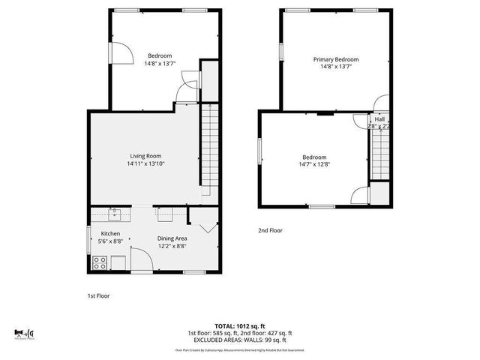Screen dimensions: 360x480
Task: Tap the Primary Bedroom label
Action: pyautogui.click(x=335, y=59)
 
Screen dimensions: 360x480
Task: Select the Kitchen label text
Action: pyautogui.click(x=110, y=234)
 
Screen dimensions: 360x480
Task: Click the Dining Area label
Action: pyautogui.click(x=172, y=238)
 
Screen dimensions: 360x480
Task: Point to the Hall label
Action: pyautogui.click(x=379, y=119)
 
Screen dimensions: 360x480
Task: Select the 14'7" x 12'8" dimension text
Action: pyautogui.click(x=314, y=165)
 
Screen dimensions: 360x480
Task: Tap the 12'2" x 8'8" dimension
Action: pyautogui.click(x=172, y=246)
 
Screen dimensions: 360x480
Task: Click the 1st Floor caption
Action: pyautogui.click(x=97, y=295)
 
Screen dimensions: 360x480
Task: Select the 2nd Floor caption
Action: pyautogui.click(x=270, y=230)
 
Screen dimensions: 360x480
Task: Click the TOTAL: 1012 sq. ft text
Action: pyautogui.click(x=239, y=326)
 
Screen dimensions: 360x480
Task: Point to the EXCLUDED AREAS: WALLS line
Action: pyautogui.click(x=239, y=340)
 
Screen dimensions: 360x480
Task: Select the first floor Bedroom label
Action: pyautogui.click(x=160, y=55)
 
